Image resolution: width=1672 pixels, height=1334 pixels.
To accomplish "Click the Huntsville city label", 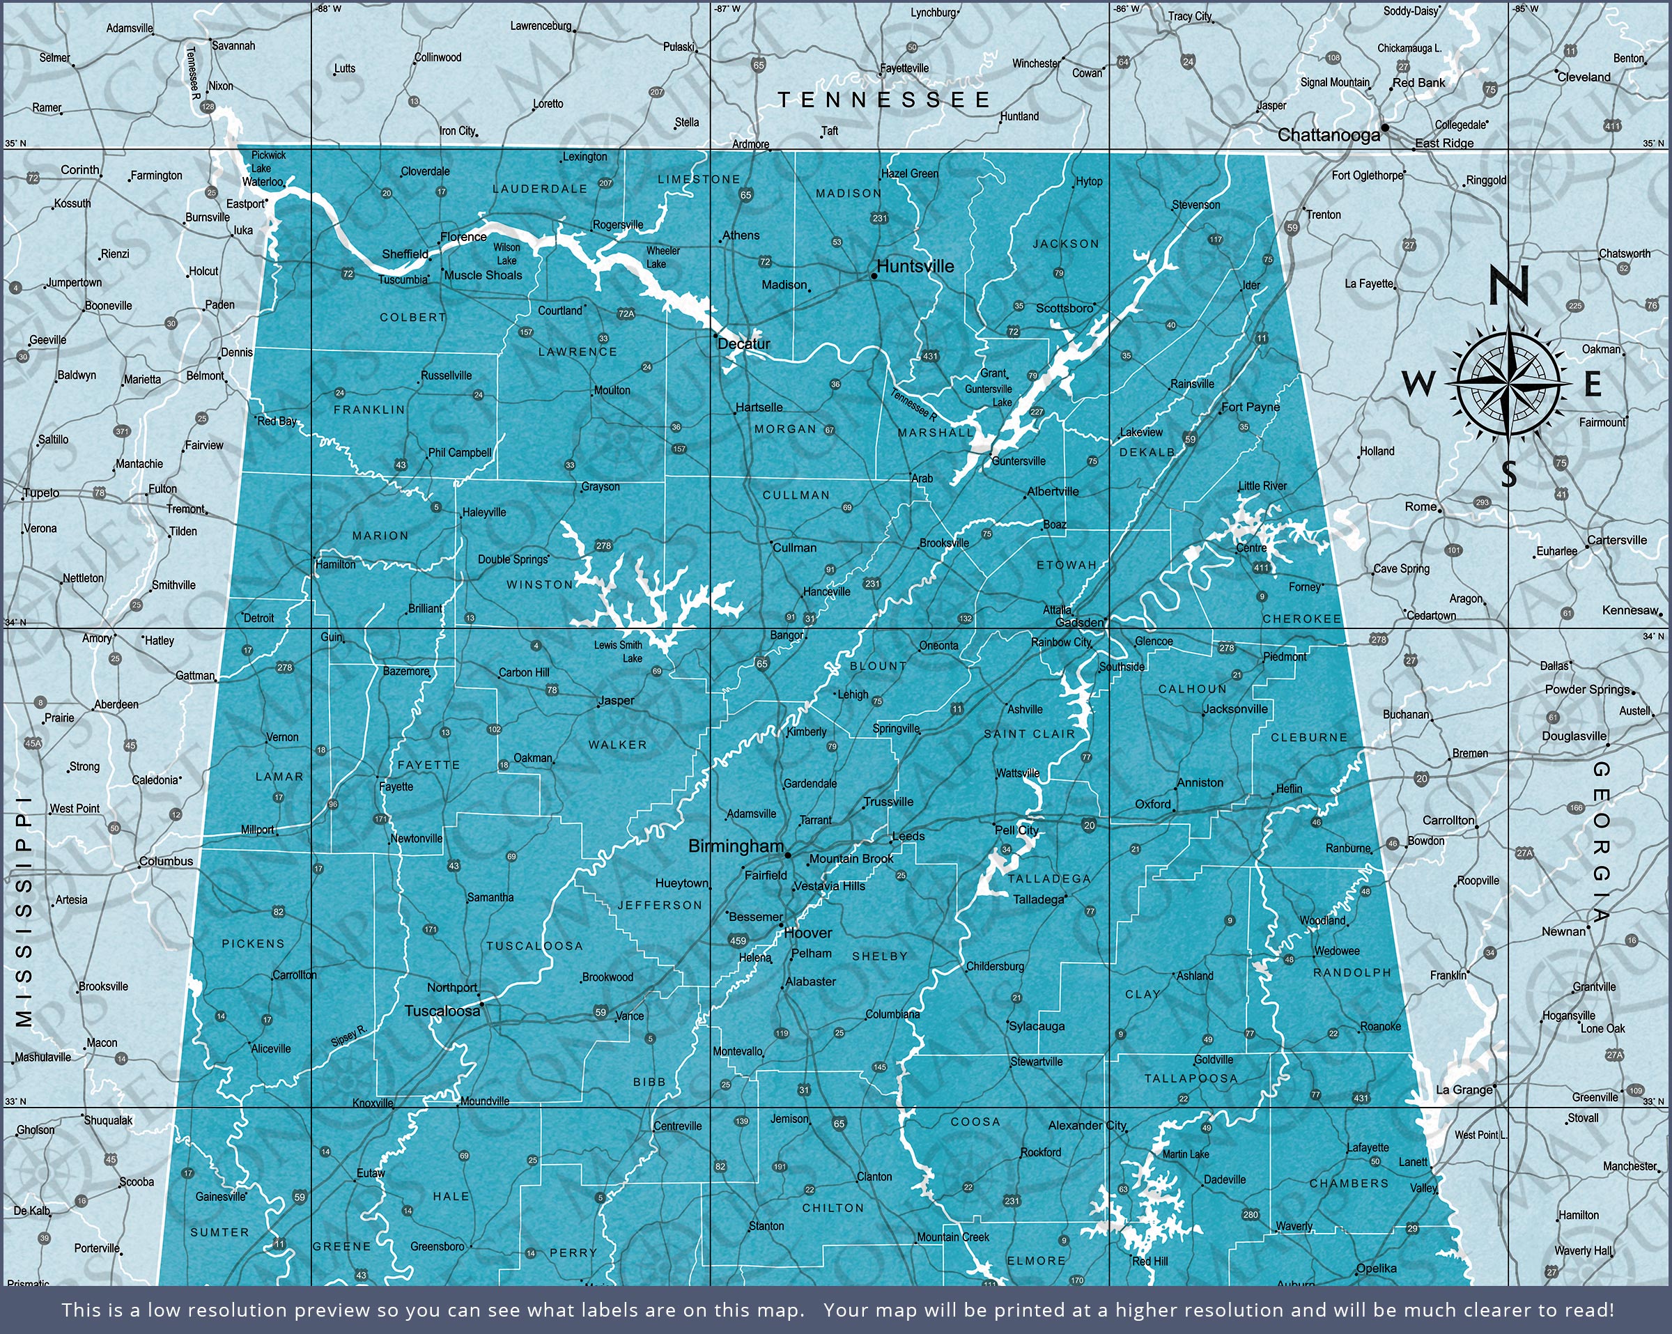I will [915, 267].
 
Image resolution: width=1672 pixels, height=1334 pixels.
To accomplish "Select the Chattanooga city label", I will [1329, 136].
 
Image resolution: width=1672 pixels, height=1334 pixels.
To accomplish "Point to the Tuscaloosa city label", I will [442, 1011].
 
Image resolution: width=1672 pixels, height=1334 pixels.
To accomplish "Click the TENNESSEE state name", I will [884, 100].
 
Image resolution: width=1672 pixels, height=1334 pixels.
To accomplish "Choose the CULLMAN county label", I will [796, 495].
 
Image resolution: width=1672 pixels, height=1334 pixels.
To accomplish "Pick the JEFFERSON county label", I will [660, 905].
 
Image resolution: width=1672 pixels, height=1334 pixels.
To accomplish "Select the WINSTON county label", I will [539, 584].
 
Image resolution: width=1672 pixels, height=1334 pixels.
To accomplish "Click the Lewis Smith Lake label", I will [619, 651].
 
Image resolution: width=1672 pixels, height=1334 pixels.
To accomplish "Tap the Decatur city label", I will [745, 343].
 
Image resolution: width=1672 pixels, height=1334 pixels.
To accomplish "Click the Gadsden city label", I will [1081, 623].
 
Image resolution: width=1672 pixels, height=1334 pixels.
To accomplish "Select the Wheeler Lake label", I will [663, 258].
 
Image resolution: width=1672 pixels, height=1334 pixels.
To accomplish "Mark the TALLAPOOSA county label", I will [1191, 1079].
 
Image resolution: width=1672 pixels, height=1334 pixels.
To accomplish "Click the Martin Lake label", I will [1186, 1155].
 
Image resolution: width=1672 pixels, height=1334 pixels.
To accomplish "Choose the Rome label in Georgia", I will [1421, 507].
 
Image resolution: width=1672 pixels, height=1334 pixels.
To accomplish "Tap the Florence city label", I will [463, 238].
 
